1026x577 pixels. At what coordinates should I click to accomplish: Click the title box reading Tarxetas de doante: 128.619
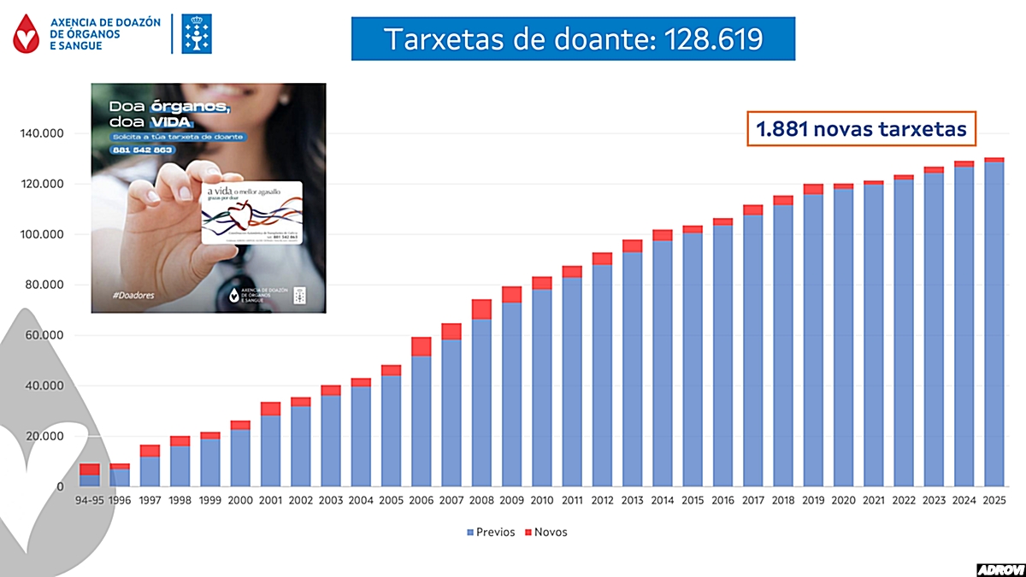[573, 38]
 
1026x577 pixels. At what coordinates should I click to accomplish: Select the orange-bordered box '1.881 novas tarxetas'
[862, 129]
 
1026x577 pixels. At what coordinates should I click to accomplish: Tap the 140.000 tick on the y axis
[43, 134]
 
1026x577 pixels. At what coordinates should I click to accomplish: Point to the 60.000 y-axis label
[43, 335]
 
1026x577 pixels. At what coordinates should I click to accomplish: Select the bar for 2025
[994, 322]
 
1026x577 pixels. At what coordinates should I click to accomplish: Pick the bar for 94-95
[90, 475]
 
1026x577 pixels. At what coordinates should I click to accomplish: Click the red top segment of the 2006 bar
[422, 346]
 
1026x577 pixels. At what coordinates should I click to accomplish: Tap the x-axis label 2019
[813, 502]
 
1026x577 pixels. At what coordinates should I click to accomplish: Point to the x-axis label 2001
[271, 502]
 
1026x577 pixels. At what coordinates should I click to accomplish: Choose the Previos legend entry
[490, 532]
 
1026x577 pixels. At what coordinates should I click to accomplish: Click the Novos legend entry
[545, 532]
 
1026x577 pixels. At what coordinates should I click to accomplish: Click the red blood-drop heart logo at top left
[30, 33]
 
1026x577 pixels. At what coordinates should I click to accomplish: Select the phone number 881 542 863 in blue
[141, 150]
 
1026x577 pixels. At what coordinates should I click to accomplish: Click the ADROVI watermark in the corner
[999, 568]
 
